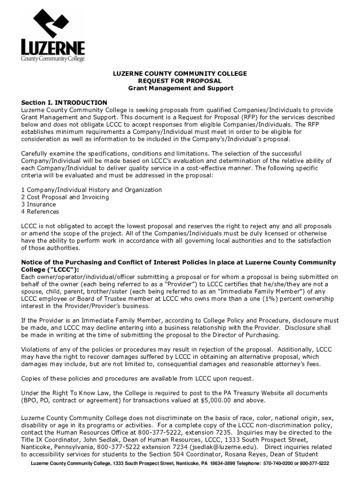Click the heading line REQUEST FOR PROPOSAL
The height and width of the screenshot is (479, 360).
(179, 81)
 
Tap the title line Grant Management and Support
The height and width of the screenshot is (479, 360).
(180, 88)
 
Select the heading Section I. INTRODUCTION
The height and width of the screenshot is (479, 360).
(64, 102)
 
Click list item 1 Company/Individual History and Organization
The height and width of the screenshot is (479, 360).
(92, 190)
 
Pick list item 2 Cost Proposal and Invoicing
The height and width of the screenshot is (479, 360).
(65, 197)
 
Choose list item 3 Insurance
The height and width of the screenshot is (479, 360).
(38, 204)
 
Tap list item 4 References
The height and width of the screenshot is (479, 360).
(40, 211)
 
